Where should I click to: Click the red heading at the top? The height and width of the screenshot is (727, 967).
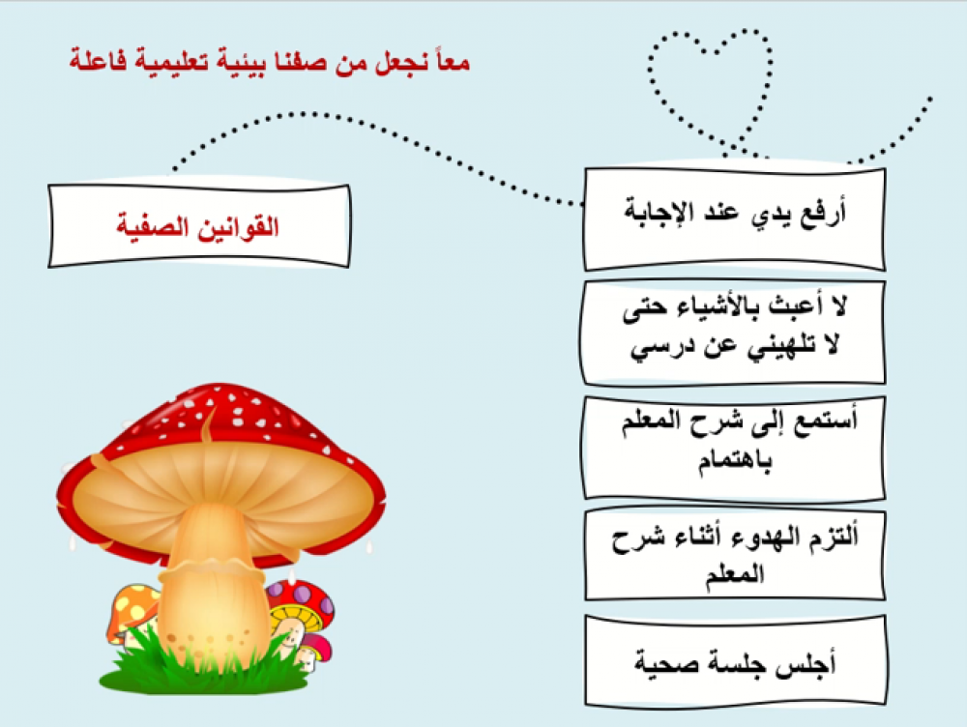click(x=270, y=62)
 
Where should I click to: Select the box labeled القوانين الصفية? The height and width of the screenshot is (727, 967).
click(x=199, y=225)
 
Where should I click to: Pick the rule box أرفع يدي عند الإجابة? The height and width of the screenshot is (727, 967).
click(x=735, y=218)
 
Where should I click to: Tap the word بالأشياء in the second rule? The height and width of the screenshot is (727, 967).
click(x=737, y=307)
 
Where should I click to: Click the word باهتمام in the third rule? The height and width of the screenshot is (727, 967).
click(x=735, y=460)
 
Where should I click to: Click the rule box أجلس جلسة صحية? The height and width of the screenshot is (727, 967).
click(x=735, y=660)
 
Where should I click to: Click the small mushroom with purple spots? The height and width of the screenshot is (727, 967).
click(x=302, y=601)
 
